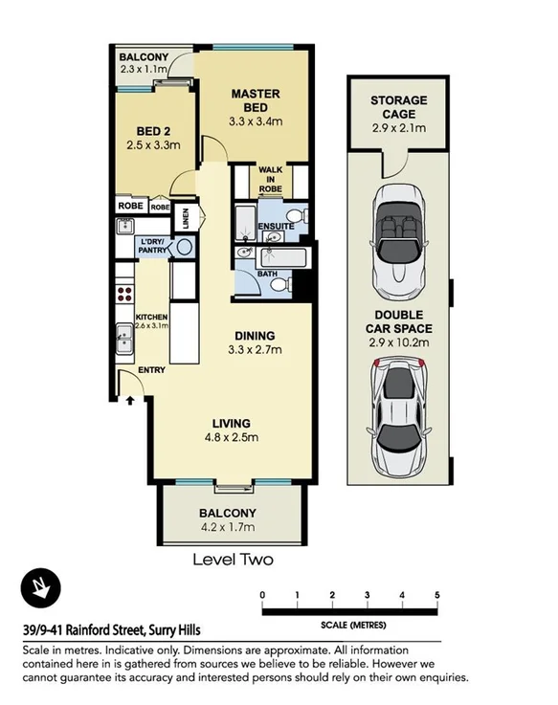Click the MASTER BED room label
pos(256,100)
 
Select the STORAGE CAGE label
pos(399,107)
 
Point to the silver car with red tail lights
pos(398,416)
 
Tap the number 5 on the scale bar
pos(436,596)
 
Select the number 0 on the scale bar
pos(262,596)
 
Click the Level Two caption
pos(233,560)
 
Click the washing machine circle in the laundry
pos(184,246)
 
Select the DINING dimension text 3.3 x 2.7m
pos(255,350)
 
